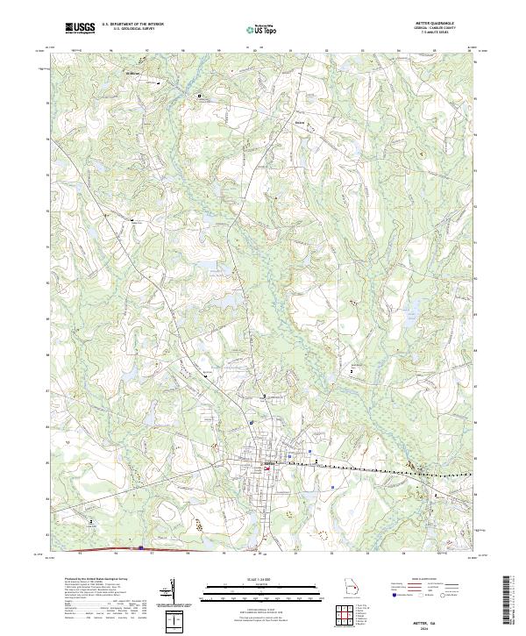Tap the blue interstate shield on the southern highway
tap(140, 548)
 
